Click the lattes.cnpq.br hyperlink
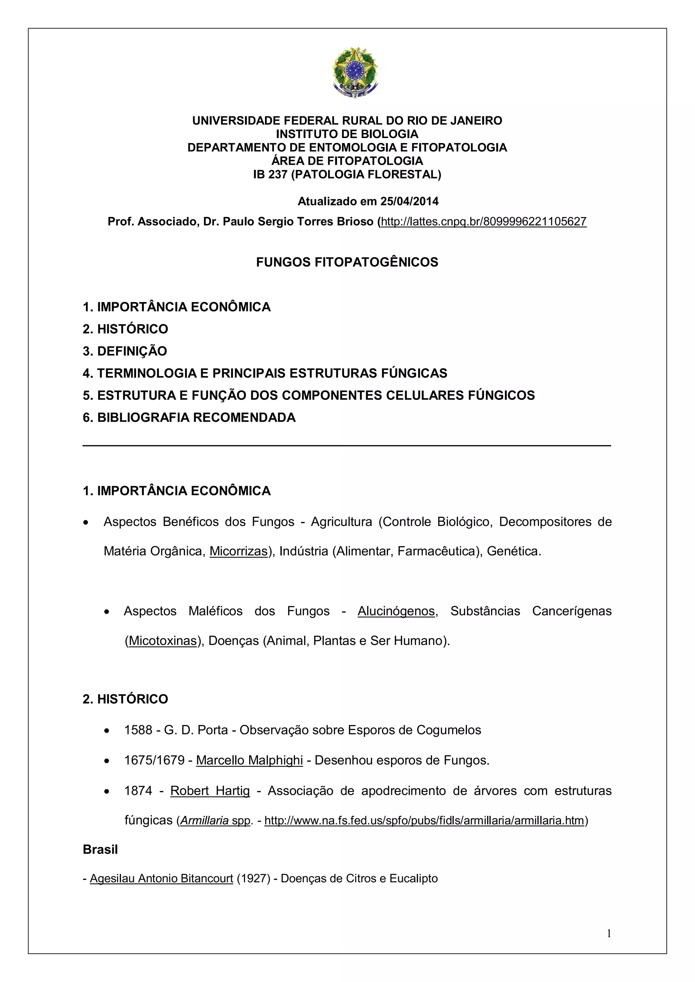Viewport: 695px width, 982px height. coord(484,221)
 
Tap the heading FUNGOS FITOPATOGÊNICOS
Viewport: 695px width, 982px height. coord(347,262)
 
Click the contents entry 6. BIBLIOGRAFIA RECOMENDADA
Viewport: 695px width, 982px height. coord(189,417)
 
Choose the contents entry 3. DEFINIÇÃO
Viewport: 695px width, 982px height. coord(125,351)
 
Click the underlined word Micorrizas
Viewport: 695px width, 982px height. coord(238,551)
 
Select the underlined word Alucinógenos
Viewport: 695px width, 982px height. coord(396,611)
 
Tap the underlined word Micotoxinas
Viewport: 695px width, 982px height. coord(163,641)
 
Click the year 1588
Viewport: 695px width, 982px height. coord(138,730)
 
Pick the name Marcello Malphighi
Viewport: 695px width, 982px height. coord(249,761)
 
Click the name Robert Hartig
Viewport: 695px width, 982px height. coord(210,791)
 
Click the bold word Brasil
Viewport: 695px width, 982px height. coord(100,849)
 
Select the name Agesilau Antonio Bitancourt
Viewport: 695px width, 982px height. coord(161,879)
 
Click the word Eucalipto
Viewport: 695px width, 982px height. coord(413,879)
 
